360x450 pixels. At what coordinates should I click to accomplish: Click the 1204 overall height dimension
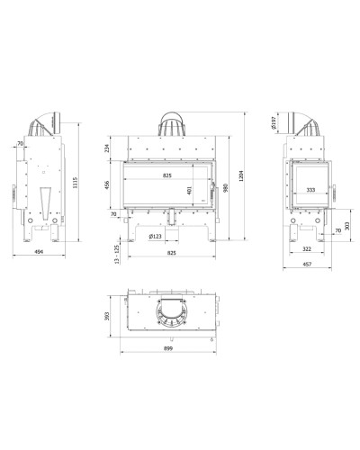tap(241, 175)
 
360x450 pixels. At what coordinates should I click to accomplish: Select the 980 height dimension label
tap(226, 188)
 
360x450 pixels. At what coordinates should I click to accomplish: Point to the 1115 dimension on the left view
tap(75, 183)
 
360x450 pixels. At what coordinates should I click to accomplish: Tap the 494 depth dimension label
tap(39, 252)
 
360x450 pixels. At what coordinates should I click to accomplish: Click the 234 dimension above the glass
tap(107, 148)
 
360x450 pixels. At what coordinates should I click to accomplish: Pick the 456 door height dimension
tap(107, 184)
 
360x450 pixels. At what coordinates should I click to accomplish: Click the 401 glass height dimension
tap(189, 191)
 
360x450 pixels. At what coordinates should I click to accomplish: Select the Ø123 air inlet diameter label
tap(155, 236)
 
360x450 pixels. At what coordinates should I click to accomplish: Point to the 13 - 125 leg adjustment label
tap(117, 255)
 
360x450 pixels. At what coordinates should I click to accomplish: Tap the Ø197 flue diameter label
tap(273, 123)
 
